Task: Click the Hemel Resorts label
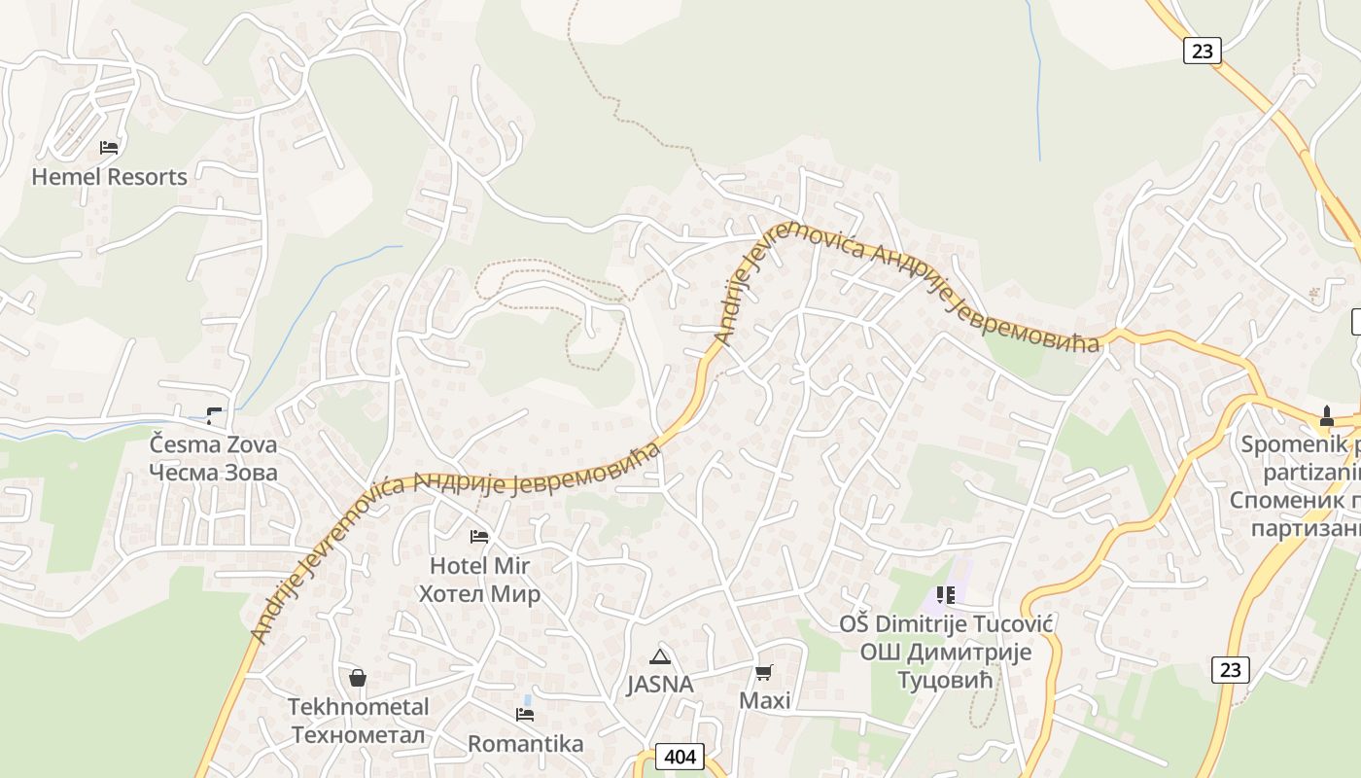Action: [x=109, y=177]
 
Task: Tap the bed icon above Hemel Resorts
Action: [x=109, y=148]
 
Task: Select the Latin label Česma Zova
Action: [x=213, y=445]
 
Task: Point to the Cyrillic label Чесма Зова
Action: [x=213, y=473]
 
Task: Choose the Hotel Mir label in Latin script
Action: [x=479, y=566]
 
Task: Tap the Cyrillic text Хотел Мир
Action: [x=479, y=593]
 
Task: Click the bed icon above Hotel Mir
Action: [x=479, y=537]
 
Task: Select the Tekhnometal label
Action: [x=358, y=707]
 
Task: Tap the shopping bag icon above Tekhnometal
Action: [x=358, y=678]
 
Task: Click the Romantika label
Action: [x=526, y=744]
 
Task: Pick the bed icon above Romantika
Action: [x=526, y=715]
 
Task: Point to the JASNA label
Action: [x=660, y=685]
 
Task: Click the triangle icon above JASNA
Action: [x=660, y=656]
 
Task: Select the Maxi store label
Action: [x=765, y=700]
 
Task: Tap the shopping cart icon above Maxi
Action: [x=765, y=672]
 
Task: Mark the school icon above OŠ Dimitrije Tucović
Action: [x=946, y=595]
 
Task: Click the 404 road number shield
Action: [x=680, y=757]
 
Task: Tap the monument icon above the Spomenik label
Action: [x=1327, y=417]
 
